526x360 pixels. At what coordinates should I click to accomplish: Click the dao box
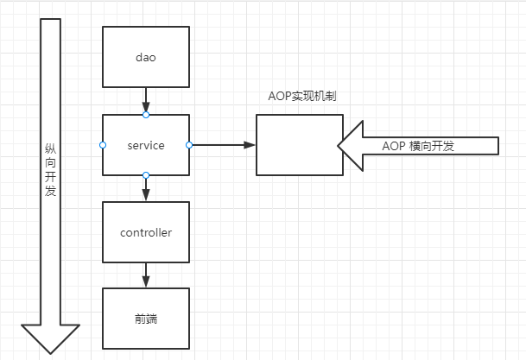[x=145, y=57]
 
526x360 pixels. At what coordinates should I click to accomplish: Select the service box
[x=145, y=145]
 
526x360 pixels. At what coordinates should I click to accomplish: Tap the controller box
[x=145, y=232]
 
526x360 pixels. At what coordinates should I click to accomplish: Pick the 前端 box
[x=145, y=319]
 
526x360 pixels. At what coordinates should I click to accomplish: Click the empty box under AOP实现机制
[x=297, y=145]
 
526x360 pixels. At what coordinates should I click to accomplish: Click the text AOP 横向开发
[x=418, y=146]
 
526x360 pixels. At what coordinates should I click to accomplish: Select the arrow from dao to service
[x=145, y=100]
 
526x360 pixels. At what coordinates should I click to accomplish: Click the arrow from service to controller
[x=145, y=188]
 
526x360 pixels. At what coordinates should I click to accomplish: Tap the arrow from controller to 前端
[x=145, y=275]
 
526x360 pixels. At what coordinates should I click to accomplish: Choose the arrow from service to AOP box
[x=222, y=145]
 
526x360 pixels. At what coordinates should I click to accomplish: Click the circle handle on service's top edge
[x=145, y=115]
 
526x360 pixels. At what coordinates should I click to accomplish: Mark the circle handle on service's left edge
[x=103, y=145]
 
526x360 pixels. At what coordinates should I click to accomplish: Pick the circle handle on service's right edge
[x=189, y=145]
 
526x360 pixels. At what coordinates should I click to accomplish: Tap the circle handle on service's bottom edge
[x=145, y=175]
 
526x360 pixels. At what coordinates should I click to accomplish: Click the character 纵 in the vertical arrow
[x=50, y=149]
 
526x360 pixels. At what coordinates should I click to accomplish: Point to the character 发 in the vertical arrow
[x=50, y=191]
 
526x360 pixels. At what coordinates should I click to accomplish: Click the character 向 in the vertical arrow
[x=50, y=163]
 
